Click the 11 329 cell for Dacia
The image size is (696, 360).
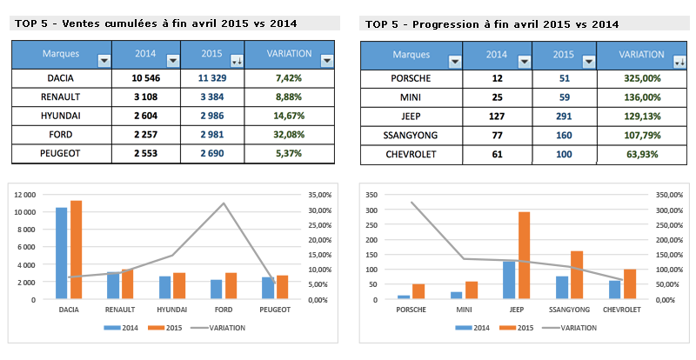pyautogui.click(x=213, y=77)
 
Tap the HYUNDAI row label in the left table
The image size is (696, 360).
pyautogui.click(x=62, y=116)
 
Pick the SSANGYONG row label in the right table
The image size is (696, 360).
pyautogui.click(x=411, y=135)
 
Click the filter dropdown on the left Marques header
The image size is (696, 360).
pyautogui.click(x=104, y=60)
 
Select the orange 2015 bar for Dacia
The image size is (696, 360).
pyautogui.click(x=76, y=250)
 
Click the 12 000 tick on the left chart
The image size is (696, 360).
pyautogui.click(x=23, y=195)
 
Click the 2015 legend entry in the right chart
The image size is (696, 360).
pyautogui.click(x=519, y=328)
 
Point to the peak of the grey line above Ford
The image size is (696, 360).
pyautogui.click(x=224, y=203)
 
